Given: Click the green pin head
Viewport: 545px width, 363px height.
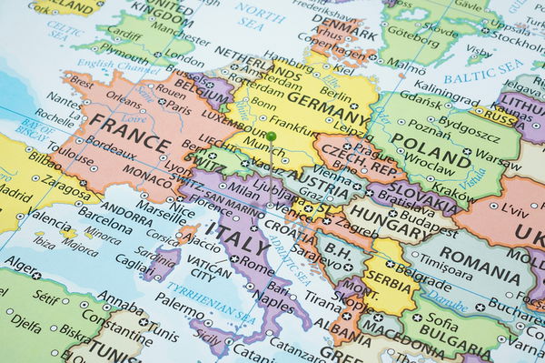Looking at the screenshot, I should tap(271, 136).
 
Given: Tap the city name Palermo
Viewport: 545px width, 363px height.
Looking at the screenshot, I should tap(179, 321).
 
